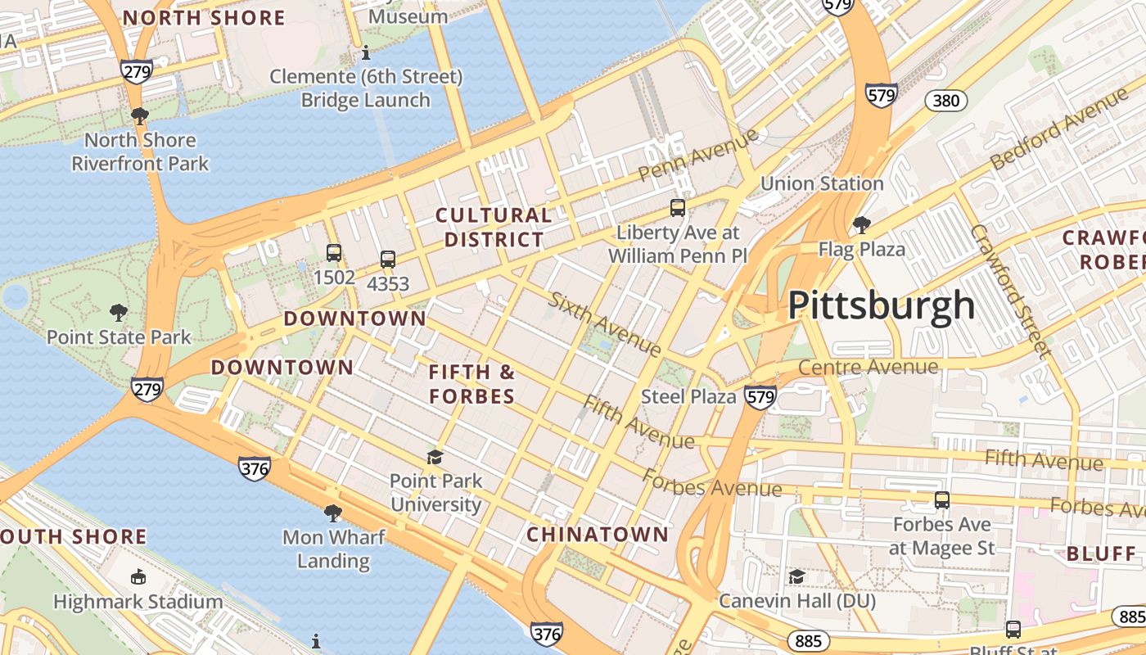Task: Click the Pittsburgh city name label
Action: coord(882,306)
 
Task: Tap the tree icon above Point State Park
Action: coord(119,312)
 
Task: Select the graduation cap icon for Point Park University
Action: coord(435,456)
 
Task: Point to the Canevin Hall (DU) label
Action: coord(796,601)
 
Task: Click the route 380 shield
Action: coord(946,101)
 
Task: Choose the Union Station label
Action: coord(822,183)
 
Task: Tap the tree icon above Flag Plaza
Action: coord(861,224)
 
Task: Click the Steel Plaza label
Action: coord(688,396)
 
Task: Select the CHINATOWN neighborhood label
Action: coord(598,535)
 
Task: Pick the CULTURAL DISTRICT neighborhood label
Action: coord(493,228)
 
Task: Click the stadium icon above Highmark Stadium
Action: coord(138,576)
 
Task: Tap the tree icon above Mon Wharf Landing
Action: coord(332,513)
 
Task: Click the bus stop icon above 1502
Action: coord(334,252)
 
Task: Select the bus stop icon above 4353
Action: coord(388,260)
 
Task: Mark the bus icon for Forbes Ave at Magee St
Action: coord(942,499)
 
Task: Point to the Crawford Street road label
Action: coord(1010,291)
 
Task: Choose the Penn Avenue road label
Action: coord(698,156)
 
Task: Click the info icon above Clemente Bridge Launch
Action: coord(366,52)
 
